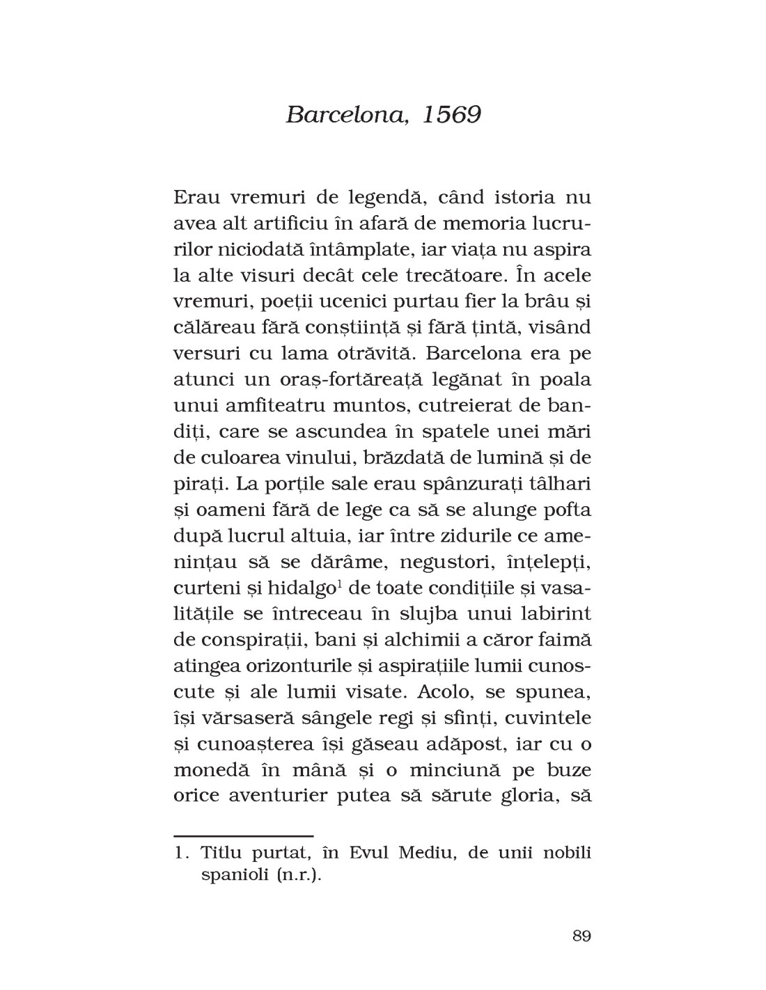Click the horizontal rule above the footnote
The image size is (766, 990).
coord(243,834)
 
